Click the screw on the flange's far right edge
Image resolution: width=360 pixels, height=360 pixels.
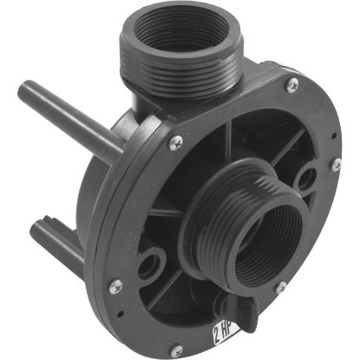pyautogui.click(x=335, y=165)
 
